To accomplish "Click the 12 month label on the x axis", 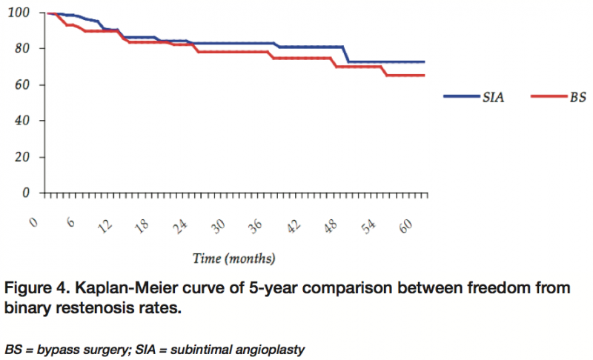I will click(x=107, y=226).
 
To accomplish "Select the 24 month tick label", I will click(x=181, y=226).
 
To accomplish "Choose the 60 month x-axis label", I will click(x=405, y=226).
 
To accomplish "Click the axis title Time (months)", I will click(x=233, y=259).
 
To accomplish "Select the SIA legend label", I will click(x=494, y=97).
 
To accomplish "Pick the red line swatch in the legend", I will click(x=546, y=97).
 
